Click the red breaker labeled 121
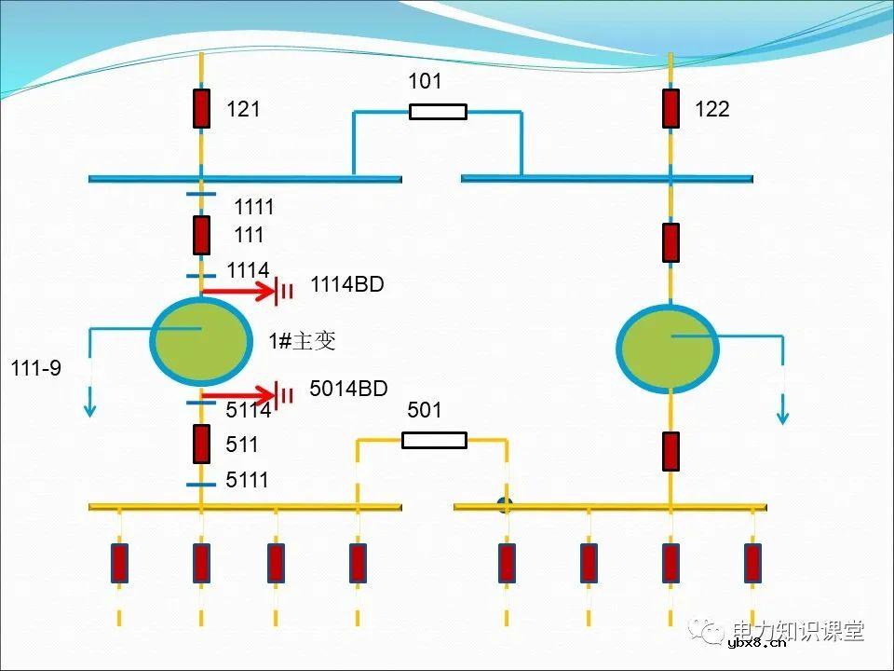pyautogui.click(x=201, y=108)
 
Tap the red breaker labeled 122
pyautogui.click(x=670, y=108)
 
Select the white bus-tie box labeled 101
pyautogui.click(x=438, y=112)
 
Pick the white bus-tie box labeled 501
pyautogui.click(x=434, y=440)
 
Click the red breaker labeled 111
pyautogui.click(x=201, y=235)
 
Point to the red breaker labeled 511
pyautogui.click(x=201, y=444)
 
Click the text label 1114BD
pyautogui.click(x=346, y=285)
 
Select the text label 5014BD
pyautogui.click(x=348, y=389)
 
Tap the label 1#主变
pyautogui.click(x=302, y=342)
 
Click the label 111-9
pyautogui.click(x=35, y=368)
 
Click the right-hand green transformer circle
pyautogui.click(x=668, y=348)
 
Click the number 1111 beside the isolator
pyautogui.click(x=254, y=207)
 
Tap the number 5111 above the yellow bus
pyautogui.click(x=247, y=480)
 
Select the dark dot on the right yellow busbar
pyautogui.click(x=506, y=506)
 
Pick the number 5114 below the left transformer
pyautogui.click(x=248, y=410)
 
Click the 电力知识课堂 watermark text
pyautogui.click(x=798, y=630)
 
